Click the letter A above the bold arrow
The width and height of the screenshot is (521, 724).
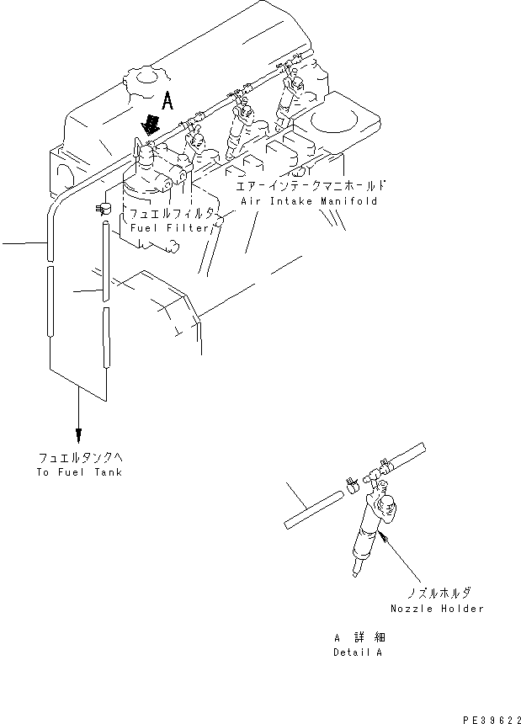pos(167,102)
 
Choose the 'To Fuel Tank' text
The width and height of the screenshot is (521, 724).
pos(79,472)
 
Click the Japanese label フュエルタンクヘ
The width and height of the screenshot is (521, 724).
pos(80,458)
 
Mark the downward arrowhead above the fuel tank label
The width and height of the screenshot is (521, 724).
pos(78,434)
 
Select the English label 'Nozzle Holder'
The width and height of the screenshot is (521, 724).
pos(437,609)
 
